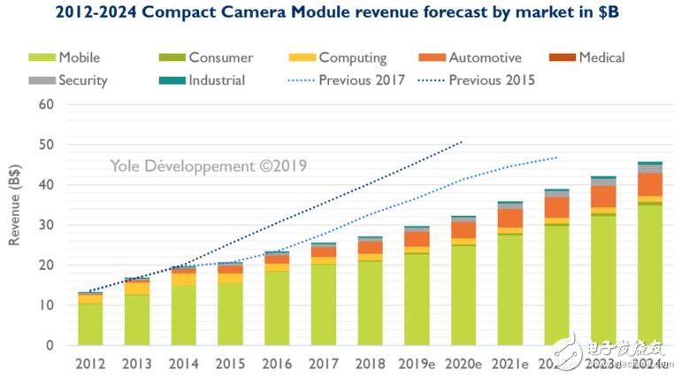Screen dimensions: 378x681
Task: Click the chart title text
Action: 340,12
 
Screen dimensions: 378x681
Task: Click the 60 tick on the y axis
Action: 46,104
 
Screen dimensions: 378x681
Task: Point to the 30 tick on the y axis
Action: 46,225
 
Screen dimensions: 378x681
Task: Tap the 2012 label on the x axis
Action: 91,363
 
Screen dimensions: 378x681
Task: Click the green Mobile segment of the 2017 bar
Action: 324,305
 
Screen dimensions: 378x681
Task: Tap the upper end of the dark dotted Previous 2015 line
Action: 462,141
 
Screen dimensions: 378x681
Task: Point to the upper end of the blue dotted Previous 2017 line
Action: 556,158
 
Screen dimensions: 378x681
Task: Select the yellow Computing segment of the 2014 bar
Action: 184,279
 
